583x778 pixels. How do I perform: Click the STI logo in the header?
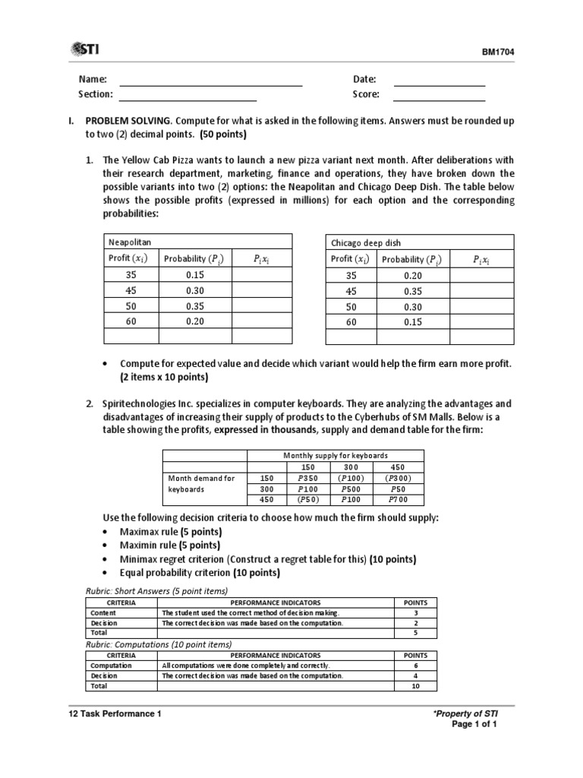tap(89, 49)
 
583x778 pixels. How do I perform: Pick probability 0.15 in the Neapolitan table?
tap(195, 276)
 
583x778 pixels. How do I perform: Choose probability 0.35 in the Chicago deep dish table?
tap(413, 291)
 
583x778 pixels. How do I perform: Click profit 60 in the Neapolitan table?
tap(131, 321)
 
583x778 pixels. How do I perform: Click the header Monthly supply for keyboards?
tap(336, 455)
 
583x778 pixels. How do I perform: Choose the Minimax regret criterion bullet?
tap(243, 558)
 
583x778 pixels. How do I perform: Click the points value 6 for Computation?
tap(415, 666)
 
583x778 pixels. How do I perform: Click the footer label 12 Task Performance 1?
tap(115, 714)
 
